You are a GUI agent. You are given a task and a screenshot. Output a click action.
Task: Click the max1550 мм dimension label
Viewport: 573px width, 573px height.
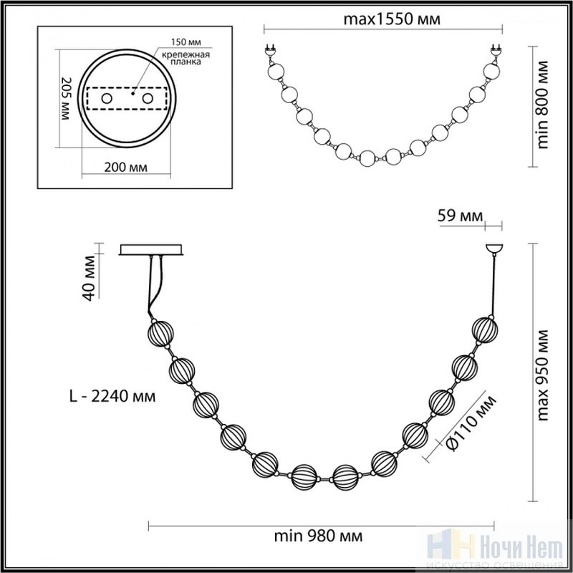point(392,19)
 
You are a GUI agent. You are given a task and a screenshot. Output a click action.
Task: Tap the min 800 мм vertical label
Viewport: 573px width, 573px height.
point(543,105)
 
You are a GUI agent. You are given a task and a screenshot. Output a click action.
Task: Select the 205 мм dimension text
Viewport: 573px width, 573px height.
point(66,98)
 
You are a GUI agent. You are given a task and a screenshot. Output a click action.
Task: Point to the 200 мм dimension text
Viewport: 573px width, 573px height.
point(126,168)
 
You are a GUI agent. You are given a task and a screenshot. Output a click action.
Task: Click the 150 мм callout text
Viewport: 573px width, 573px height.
point(186,42)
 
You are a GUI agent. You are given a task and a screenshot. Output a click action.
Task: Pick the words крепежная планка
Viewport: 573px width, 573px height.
point(186,58)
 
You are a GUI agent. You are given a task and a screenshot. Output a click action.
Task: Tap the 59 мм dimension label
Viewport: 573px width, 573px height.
point(460,216)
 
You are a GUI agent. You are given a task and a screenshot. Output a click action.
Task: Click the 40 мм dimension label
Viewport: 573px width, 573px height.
point(89,278)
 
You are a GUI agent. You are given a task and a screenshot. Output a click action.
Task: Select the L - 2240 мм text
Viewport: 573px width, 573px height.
point(112,396)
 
